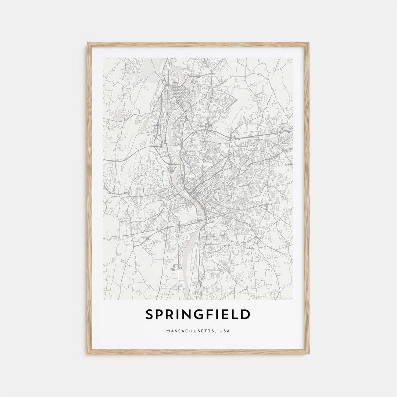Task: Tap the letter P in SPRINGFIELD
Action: pos(161,315)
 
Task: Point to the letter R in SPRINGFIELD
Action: pos(172,315)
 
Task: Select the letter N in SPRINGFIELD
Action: pos(191,315)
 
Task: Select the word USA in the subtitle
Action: pos(224,331)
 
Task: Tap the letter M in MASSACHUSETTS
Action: pos(168,331)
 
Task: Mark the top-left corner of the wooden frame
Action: pos(88,43)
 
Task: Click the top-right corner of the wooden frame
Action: pos(309,43)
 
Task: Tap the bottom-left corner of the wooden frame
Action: pos(88,354)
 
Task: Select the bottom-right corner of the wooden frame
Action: pos(309,354)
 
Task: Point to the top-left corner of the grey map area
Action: pos(103,58)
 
